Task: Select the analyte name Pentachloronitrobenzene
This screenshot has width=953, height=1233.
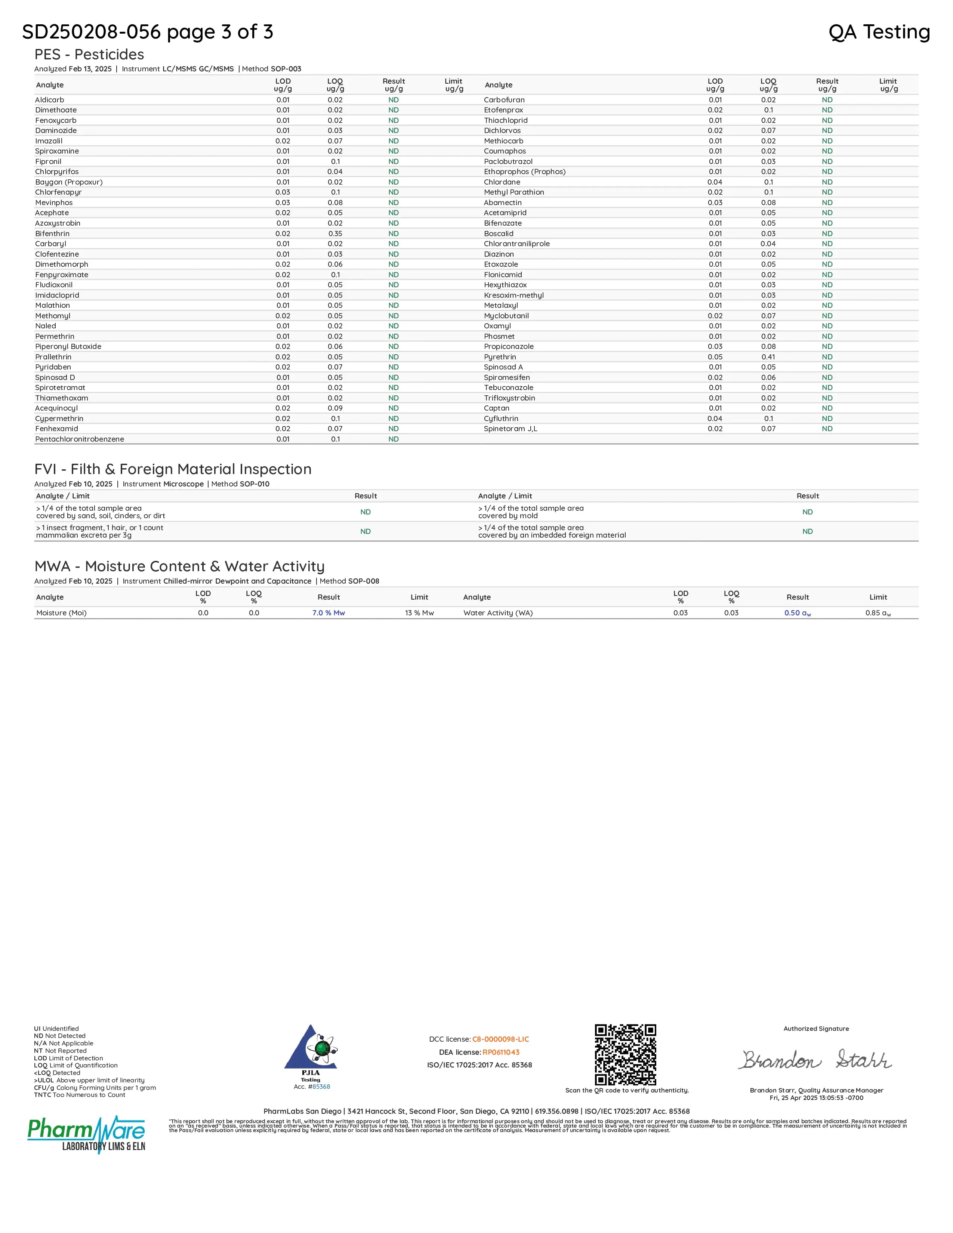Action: pos(80,439)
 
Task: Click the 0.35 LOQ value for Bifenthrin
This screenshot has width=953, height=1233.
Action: pos(335,234)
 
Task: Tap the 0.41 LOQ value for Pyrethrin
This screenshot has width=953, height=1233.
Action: pos(768,357)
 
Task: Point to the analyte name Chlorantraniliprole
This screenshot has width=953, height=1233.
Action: pos(516,244)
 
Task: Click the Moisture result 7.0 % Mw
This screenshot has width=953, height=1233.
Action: pos(329,613)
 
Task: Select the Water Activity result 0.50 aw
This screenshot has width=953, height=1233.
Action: pos(797,613)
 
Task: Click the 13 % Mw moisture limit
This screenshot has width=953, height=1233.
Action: pos(419,613)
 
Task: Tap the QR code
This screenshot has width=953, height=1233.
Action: pos(626,1055)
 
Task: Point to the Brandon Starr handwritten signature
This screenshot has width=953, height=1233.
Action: pos(816,1060)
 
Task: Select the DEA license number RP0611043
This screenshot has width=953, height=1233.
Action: pos(501,1052)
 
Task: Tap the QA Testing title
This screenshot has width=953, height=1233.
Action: pos(879,32)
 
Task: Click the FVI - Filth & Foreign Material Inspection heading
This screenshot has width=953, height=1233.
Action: pos(173,469)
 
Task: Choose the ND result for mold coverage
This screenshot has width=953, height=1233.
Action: pos(807,512)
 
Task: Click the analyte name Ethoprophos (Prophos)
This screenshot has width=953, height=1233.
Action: pos(524,171)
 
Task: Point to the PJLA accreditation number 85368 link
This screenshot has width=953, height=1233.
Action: pos(321,1087)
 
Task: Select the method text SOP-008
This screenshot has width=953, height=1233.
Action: pos(364,581)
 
